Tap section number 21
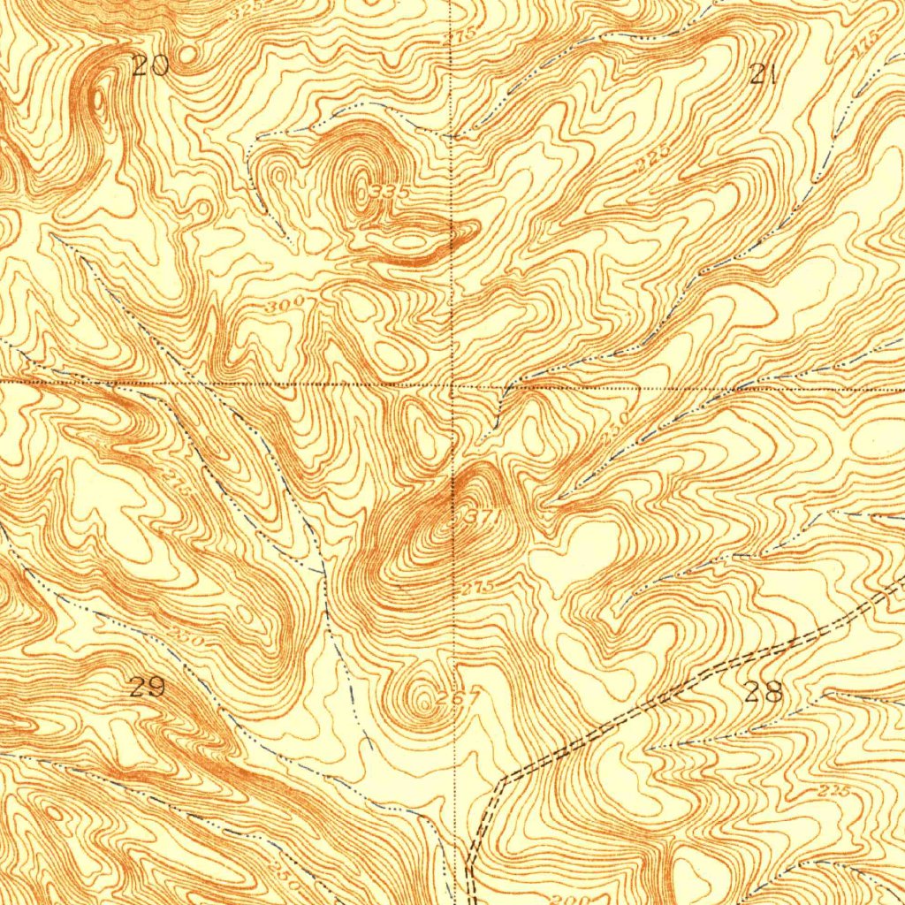(762, 74)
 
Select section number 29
(147, 687)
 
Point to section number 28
(764, 692)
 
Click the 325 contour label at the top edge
(246, 11)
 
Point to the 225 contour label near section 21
(652, 160)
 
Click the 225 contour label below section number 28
(833, 792)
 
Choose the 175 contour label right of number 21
(864, 49)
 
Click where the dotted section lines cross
(452, 385)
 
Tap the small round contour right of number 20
(186, 56)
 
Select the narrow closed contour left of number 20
(98, 101)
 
